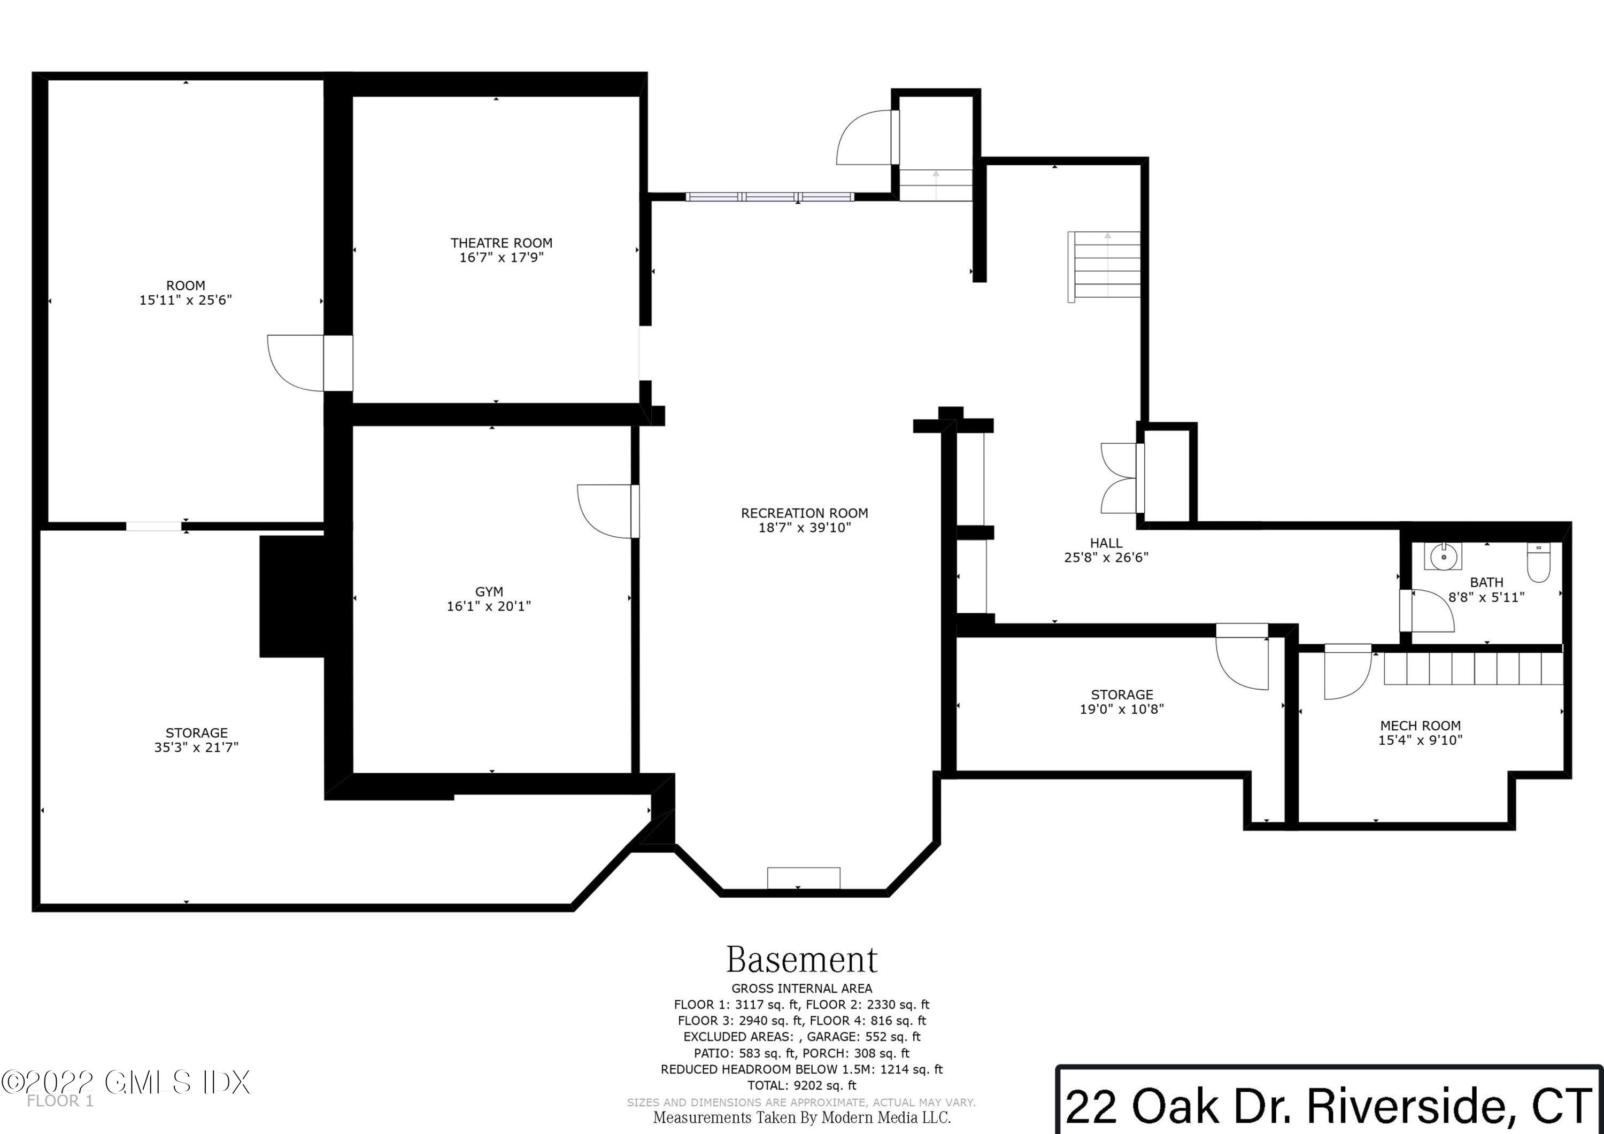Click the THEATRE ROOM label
click(501, 243)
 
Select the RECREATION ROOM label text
click(804, 513)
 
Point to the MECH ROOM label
click(1420, 726)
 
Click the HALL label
click(1106, 543)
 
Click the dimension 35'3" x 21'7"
click(196, 747)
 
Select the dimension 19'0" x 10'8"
click(1122, 709)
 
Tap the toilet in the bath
click(1538, 562)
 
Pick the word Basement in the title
click(802, 960)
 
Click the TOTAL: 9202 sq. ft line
click(802, 1085)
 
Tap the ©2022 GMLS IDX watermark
click(125, 1082)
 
